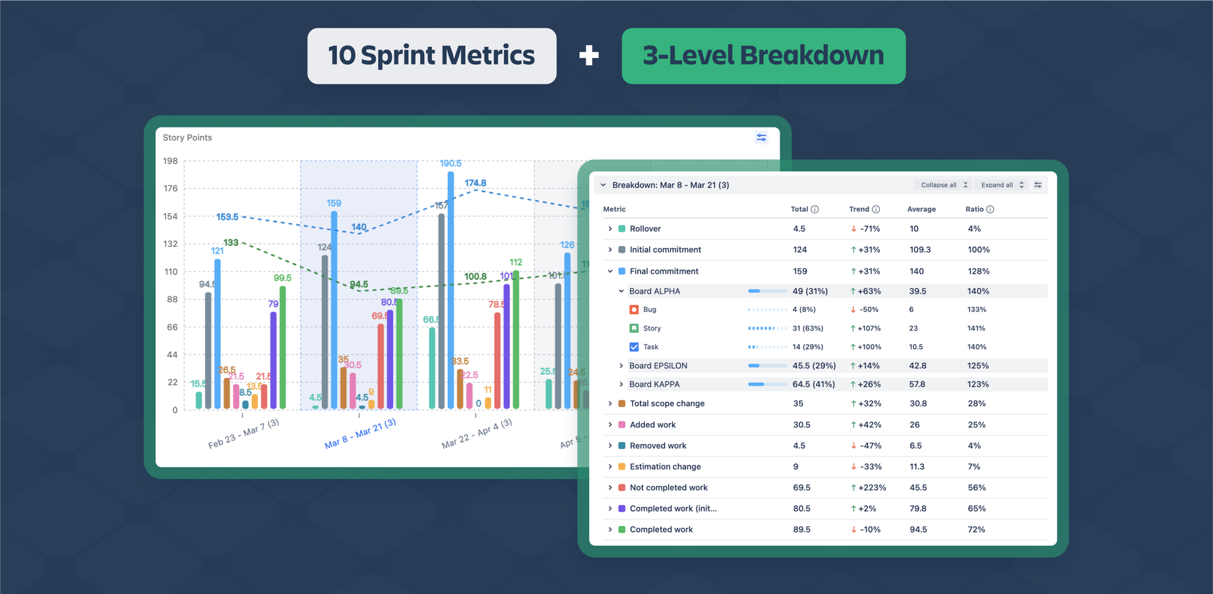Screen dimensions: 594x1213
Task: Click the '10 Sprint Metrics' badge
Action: pos(431,55)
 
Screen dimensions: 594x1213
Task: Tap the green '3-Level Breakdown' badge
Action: pos(763,55)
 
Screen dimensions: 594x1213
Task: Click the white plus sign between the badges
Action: pos(589,56)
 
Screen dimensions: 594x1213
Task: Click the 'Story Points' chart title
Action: pos(187,137)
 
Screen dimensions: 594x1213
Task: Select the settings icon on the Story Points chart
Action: pos(761,137)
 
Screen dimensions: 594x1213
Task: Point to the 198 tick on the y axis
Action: pos(170,161)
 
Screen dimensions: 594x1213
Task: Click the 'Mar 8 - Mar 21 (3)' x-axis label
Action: pos(360,434)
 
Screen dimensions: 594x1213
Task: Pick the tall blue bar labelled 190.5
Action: pos(451,290)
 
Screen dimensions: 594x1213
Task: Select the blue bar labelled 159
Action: pos(334,310)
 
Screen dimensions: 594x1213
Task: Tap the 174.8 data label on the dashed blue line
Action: pos(475,183)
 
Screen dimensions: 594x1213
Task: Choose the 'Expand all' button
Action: pos(1002,185)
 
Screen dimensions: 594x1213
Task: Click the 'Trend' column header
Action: pos(859,209)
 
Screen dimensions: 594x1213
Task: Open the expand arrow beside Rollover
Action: pos(610,229)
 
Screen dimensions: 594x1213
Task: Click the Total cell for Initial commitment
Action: pos(799,249)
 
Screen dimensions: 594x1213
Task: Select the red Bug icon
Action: pos(634,310)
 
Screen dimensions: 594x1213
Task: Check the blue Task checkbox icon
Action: pos(634,346)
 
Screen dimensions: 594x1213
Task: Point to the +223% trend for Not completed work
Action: pos(870,488)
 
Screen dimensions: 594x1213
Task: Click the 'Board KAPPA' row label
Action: pos(654,384)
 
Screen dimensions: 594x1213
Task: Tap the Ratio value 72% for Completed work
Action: pos(976,529)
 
